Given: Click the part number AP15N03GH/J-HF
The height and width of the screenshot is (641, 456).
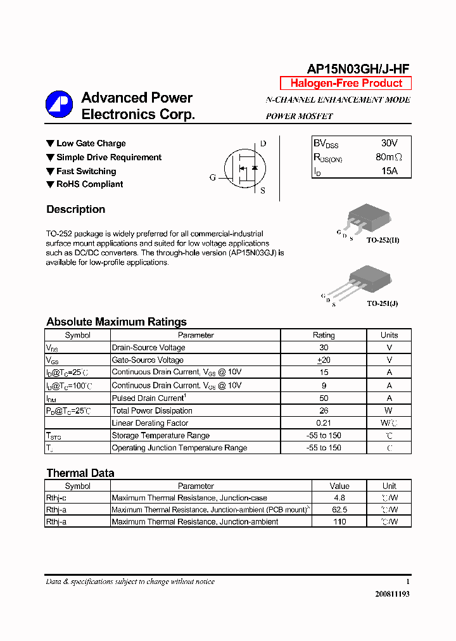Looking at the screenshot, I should pyautogui.click(x=358, y=69).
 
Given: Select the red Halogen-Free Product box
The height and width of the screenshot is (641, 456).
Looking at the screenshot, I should pyautogui.click(x=346, y=83).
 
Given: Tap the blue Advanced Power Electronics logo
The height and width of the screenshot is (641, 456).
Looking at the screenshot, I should pyautogui.click(x=59, y=105).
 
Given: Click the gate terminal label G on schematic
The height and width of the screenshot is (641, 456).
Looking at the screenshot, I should pyautogui.click(x=213, y=177).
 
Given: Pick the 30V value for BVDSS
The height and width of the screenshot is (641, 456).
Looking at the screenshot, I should pyautogui.click(x=389, y=144).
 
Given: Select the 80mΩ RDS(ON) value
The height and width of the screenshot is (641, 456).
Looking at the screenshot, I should pyautogui.click(x=388, y=157).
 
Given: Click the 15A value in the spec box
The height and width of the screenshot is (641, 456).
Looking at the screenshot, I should pyautogui.click(x=389, y=171).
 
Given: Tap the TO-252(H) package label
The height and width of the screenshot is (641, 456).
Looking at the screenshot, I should pyautogui.click(x=383, y=241).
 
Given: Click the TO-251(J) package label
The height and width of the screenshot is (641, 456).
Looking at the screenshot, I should pyautogui.click(x=383, y=303).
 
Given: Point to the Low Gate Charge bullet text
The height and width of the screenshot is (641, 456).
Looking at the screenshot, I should pyautogui.click(x=91, y=144).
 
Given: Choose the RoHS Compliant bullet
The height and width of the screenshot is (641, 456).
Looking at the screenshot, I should pyautogui.click(x=89, y=184).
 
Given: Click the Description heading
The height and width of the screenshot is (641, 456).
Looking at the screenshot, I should pyautogui.click(x=76, y=210).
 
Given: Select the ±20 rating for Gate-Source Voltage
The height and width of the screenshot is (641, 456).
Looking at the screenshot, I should pyautogui.click(x=324, y=360).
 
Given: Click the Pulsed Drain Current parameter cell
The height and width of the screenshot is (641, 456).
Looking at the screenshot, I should pyautogui.click(x=148, y=398).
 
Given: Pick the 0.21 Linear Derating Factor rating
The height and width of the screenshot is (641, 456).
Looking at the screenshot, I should pyautogui.click(x=324, y=423).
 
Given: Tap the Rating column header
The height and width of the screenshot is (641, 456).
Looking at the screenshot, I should pyautogui.click(x=324, y=335).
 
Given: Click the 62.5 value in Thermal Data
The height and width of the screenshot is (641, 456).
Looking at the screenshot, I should pyautogui.click(x=339, y=510).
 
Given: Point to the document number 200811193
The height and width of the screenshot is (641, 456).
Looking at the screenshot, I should pyautogui.click(x=392, y=595).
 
